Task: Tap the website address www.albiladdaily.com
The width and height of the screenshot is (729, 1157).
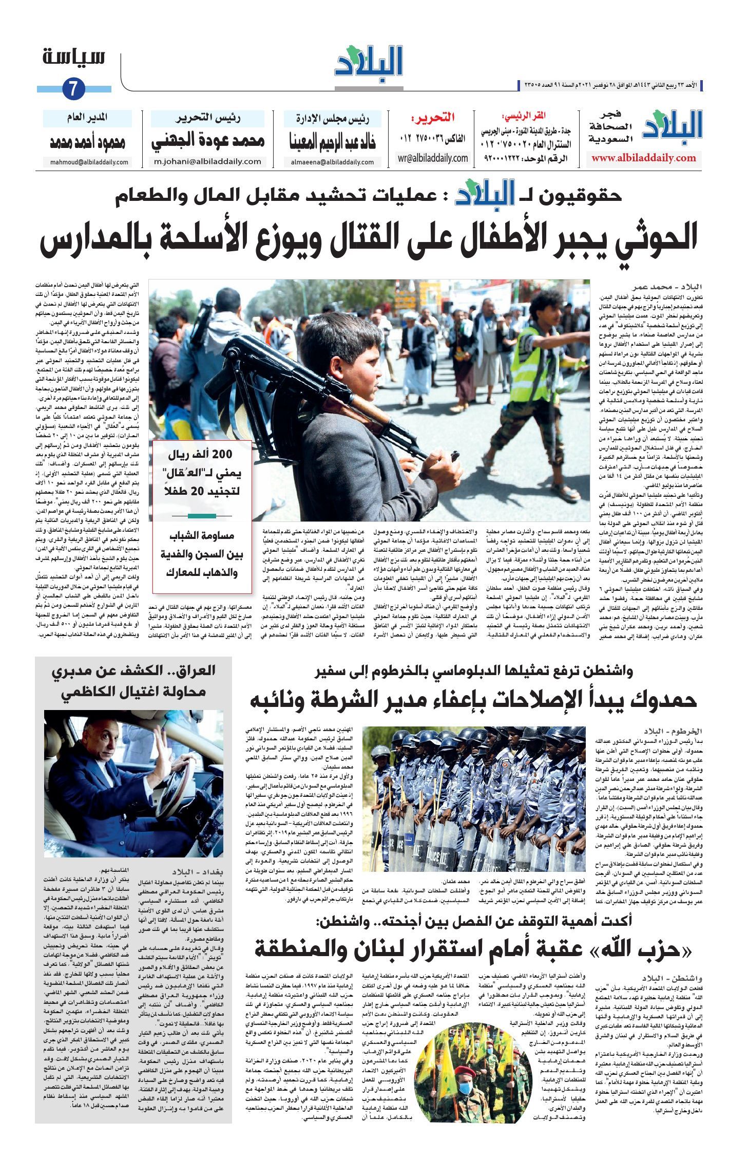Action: (643, 158)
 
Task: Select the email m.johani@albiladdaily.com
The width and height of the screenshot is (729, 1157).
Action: (207, 161)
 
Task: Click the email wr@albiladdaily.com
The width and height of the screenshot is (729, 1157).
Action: (433, 158)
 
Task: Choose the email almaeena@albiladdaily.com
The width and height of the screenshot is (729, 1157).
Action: (333, 162)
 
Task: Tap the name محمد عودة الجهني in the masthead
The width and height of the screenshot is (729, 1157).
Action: (207, 141)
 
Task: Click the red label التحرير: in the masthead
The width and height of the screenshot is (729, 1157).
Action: (432, 118)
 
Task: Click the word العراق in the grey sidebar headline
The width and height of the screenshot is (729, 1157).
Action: (195, 670)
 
